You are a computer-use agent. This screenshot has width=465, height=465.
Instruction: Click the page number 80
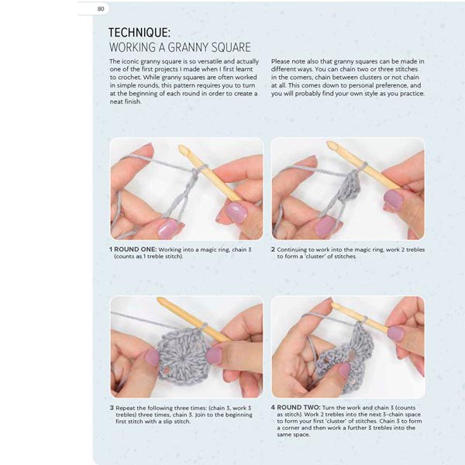tap(101, 9)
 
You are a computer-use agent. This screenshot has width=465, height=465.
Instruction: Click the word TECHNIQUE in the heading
tap(139, 33)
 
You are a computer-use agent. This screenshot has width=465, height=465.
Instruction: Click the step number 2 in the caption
tap(273, 250)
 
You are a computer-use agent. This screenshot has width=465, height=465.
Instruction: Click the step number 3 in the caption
tap(112, 408)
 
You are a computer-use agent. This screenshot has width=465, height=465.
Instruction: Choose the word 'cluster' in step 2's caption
tap(310, 257)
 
